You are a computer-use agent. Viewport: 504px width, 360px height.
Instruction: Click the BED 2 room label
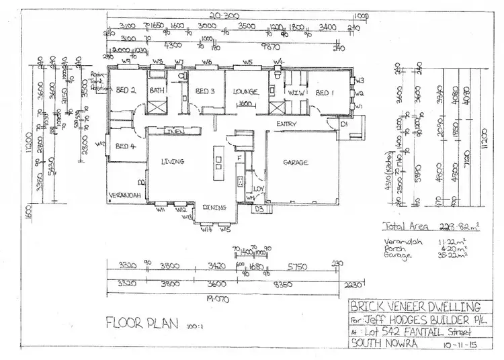(126, 91)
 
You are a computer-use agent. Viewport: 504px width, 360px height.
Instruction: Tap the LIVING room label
(172, 162)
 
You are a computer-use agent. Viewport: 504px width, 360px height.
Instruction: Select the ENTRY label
(288, 124)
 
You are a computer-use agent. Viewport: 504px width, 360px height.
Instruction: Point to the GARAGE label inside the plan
(295, 163)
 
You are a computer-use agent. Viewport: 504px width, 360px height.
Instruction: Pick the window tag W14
(206, 229)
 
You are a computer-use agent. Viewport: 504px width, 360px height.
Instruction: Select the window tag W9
(126, 62)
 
